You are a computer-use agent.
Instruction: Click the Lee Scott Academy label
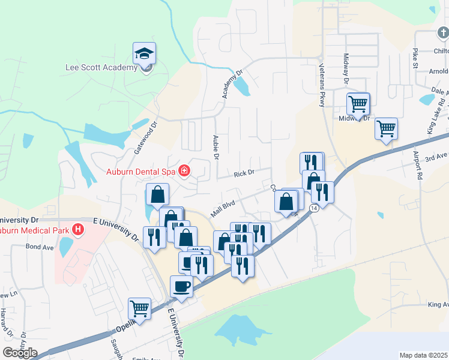(x=101, y=67)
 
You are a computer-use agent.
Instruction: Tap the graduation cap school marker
(x=144, y=54)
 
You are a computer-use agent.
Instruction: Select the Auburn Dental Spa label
(x=140, y=172)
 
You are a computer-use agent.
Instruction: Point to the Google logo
(x=20, y=353)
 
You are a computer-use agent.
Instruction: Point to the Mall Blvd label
(x=221, y=208)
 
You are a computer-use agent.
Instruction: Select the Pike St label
(x=415, y=60)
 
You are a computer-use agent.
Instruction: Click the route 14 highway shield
(x=314, y=208)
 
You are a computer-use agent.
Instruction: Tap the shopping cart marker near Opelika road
(x=140, y=309)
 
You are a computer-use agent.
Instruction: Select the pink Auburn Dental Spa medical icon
(x=183, y=172)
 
